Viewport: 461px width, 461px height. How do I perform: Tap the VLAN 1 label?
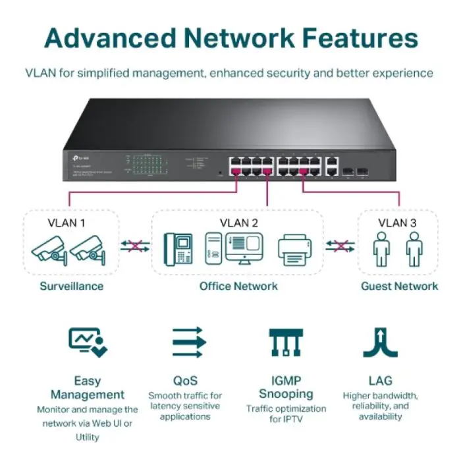point(67,223)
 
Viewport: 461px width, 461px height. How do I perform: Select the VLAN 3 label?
point(397,223)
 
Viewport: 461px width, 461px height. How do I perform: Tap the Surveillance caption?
point(71,286)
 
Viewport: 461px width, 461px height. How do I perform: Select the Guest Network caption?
point(399,286)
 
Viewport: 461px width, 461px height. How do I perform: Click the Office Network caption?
point(238,286)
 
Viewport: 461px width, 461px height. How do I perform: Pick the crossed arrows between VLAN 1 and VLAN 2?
point(135,246)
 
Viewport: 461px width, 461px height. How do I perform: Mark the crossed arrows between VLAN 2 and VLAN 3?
point(340,246)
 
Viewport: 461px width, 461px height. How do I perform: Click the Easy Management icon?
point(88,342)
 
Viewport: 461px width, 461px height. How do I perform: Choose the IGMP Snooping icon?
point(285,342)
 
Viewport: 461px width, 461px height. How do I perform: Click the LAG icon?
point(380,342)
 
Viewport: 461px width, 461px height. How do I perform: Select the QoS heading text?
point(185,381)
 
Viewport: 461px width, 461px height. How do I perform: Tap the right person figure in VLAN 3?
point(414,248)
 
